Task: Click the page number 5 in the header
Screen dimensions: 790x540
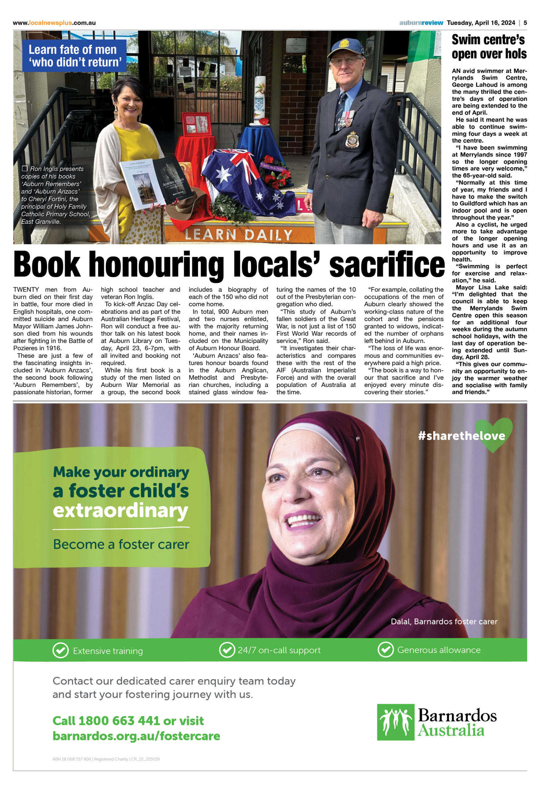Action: (x=525, y=23)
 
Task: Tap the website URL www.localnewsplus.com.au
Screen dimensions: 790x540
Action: (x=54, y=23)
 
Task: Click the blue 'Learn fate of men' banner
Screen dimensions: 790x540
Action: (x=74, y=56)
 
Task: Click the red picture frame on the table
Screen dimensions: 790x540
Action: (x=197, y=124)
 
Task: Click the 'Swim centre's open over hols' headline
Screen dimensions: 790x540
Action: (x=489, y=47)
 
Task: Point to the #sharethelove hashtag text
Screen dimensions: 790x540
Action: (x=462, y=435)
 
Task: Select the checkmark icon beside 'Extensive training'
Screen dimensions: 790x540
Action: (x=61, y=650)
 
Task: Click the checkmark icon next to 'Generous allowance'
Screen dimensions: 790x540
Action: (x=386, y=650)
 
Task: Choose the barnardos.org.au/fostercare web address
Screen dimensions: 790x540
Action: (x=136, y=736)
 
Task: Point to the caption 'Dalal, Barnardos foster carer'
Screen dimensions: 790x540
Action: (x=444, y=622)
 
